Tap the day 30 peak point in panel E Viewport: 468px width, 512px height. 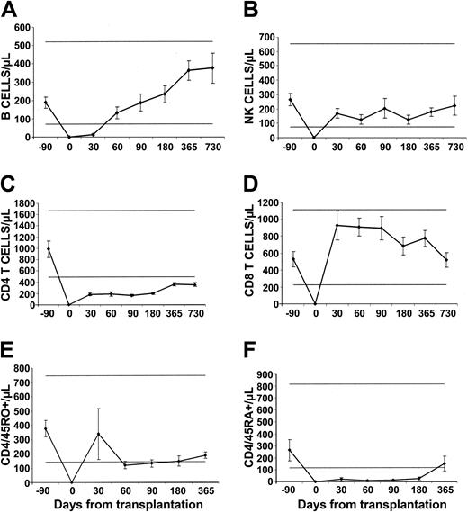click(97, 434)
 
